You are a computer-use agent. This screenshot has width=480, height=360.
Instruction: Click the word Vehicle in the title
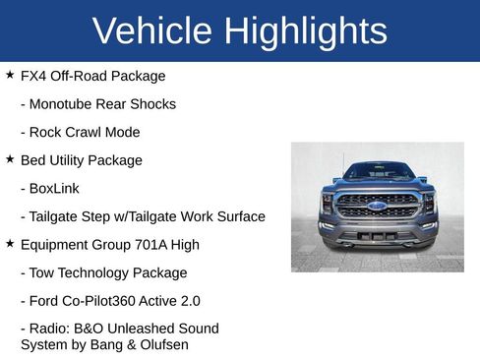pyautogui.click(x=151, y=31)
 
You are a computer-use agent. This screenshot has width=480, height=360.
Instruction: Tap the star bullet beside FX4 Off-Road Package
pyautogui.click(x=10, y=75)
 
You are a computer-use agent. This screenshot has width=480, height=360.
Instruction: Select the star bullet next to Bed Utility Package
pyautogui.click(x=10, y=159)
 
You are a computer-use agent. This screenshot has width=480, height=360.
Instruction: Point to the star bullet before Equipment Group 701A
pyautogui.click(x=10, y=244)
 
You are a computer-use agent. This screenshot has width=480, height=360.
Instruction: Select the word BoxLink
pyautogui.click(x=55, y=188)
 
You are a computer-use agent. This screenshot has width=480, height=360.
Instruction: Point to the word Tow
pyautogui.click(x=43, y=272)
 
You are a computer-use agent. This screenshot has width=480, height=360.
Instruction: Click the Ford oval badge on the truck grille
pyautogui.click(x=378, y=206)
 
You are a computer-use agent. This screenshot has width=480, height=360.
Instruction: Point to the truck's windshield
pyautogui.click(x=378, y=171)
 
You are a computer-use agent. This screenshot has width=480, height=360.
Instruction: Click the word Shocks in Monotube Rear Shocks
pyautogui.click(x=154, y=104)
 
